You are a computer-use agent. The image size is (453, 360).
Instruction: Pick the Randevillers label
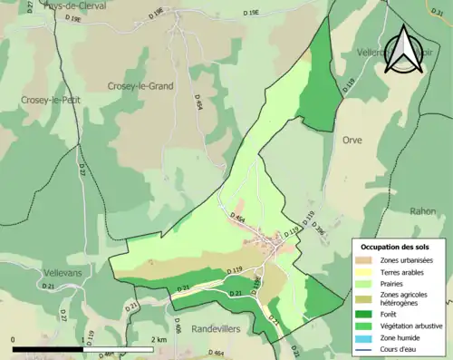pos(217,329)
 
